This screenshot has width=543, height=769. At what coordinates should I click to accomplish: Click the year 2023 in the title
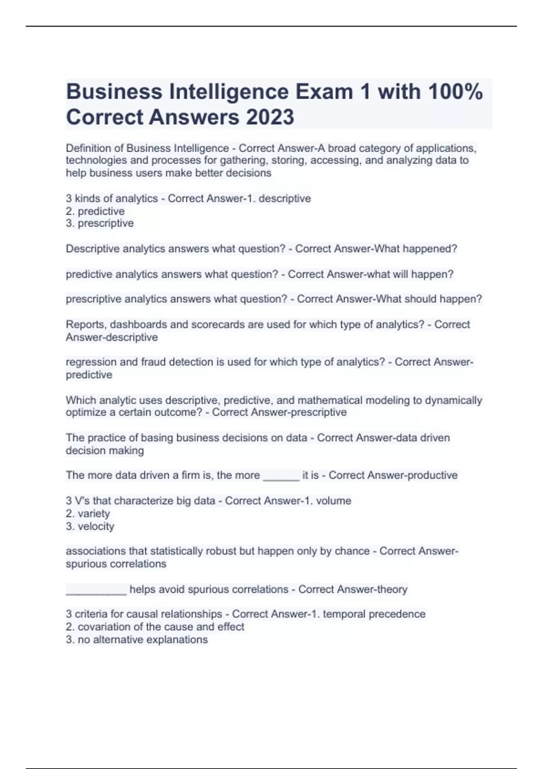point(270,117)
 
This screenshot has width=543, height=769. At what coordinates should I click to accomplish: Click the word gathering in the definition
point(244,161)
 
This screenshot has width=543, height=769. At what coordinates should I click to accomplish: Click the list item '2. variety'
point(88,514)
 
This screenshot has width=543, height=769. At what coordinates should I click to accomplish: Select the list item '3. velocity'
point(90,527)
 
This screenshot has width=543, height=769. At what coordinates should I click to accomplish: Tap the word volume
point(333,501)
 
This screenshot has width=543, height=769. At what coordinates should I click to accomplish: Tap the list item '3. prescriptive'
point(100,223)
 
